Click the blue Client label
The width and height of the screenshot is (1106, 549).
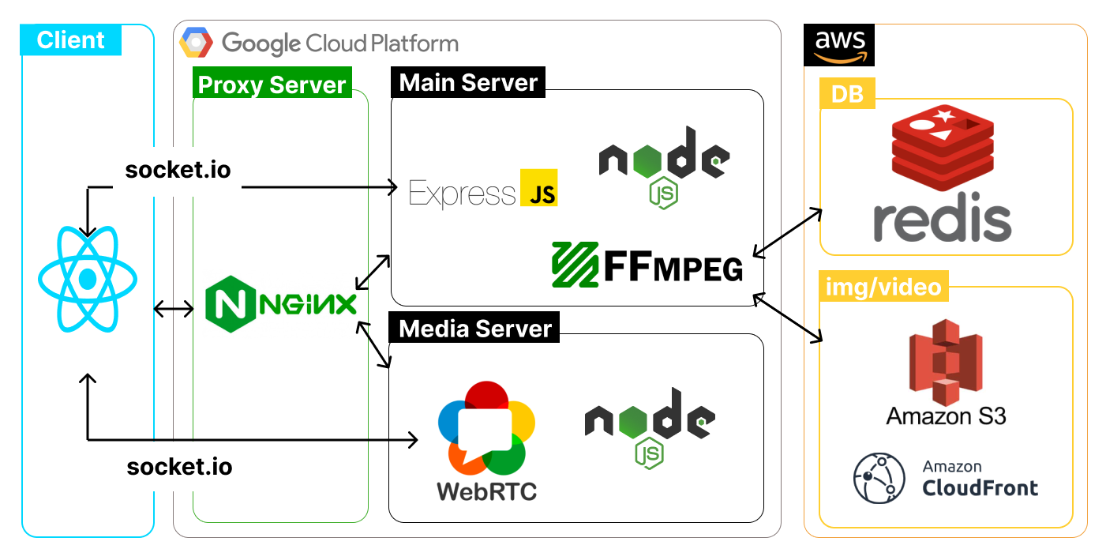(x=70, y=40)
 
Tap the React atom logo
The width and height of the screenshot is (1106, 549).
(x=88, y=279)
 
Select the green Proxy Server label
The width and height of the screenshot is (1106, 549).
(x=272, y=85)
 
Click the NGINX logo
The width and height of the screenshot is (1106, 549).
(x=280, y=303)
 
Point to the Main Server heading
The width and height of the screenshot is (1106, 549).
(x=468, y=83)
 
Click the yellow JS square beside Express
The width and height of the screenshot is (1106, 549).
(x=539, y=188)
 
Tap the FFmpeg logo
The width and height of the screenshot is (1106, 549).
(x=647, y=264)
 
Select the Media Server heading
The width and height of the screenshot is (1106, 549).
(x=474, y=328)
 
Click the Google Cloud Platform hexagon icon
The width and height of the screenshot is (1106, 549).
(x=195, y=43)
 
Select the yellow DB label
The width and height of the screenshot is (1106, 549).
(x=847, y=95)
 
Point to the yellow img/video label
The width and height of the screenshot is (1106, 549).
(x=884, y=286)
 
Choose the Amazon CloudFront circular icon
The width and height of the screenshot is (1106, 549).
(x=877, y=478)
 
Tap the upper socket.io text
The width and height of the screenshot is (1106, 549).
(x=178, y=170)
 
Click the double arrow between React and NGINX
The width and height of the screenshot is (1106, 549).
(x=173, y=309)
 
